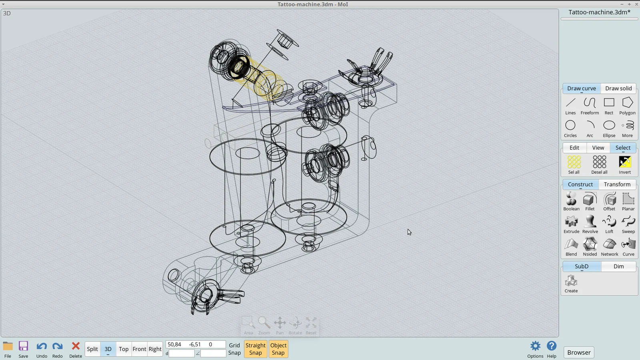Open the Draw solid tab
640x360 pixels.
coord(618,88)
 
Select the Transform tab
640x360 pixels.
coord(617,184)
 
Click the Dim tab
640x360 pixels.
coord(618,266)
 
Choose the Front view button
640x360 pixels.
coord(139,349)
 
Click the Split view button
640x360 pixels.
coord(92,349)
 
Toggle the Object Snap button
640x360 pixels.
coord(278,349)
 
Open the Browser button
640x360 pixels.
coord(579,352)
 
